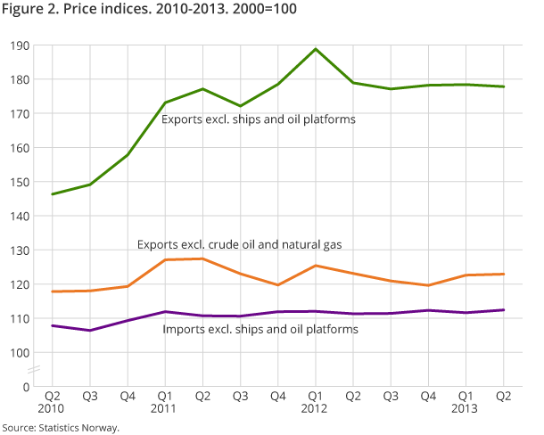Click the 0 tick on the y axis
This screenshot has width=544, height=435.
pyautogui.click(x=26, y=387)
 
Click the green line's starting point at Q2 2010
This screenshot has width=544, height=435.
pyautogui.click(x=52, y=194)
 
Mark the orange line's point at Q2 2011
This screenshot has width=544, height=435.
pyautogui.click(x=202, y=259)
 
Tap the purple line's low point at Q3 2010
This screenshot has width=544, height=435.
pyautogui.click(x=89, y=331)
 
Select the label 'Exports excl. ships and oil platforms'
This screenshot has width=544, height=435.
pyautogui.click(x=259, y=119)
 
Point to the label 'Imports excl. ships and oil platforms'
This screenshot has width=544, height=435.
pyautogui.click(x=260, y=329)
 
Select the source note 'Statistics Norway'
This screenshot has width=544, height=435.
pyautogui.click(x=61, y=428)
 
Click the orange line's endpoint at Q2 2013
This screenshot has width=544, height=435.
pyautogui.click(x=503, y=274)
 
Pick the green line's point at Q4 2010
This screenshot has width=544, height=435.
pyautogui.click(x=127, y=155)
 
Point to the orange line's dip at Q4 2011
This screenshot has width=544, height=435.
pyautogui.click(x=277, y=285)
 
